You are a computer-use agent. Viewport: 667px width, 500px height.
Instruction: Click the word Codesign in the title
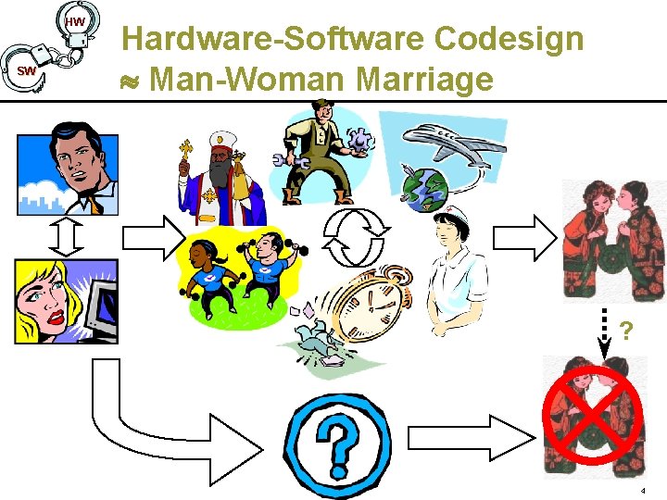point(509,39)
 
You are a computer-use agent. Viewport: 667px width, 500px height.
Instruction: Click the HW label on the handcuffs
point(76,20)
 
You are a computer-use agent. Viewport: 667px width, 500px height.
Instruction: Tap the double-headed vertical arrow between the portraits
point(68,237)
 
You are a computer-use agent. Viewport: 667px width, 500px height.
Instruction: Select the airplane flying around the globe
point(454,143)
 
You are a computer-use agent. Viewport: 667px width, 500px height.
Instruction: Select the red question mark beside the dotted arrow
point(627,330)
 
